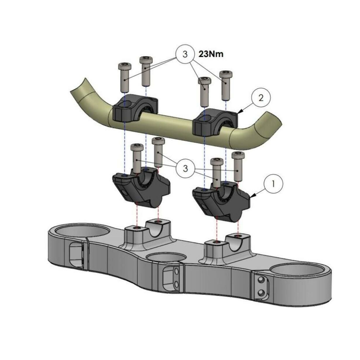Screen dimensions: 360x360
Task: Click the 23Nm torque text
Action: (211, 54)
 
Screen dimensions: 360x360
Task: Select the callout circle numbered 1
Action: (274, 184)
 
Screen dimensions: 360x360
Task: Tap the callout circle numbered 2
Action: (261, 98)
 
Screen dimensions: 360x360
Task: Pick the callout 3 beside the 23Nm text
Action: (185, 54)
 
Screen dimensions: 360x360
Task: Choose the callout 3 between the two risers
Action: (185, 169)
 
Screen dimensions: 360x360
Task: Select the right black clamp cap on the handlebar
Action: (215, 122)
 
